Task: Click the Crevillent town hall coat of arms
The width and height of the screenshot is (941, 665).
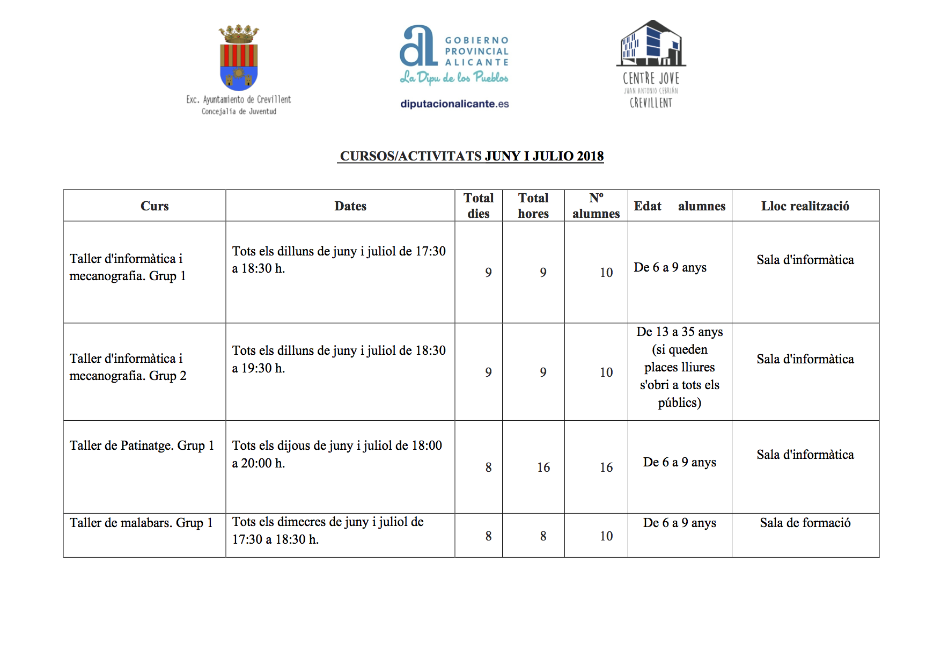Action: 239,58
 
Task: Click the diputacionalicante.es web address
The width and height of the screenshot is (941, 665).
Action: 454,104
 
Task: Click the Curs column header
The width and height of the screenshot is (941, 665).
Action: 155,206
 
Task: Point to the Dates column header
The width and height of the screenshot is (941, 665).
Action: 350,206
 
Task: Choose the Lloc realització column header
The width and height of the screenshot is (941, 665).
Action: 805,206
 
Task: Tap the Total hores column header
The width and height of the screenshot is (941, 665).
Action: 533,206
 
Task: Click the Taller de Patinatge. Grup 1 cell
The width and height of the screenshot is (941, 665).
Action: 142,445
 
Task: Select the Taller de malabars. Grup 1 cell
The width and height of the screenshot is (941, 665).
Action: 141,523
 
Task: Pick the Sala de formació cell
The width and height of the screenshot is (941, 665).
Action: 805,523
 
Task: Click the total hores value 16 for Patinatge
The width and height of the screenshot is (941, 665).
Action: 543,467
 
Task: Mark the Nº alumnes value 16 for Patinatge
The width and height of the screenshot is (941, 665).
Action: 606,467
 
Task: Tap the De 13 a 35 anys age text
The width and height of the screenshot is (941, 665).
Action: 679,332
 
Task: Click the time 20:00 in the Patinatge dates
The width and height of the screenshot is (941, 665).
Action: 256,463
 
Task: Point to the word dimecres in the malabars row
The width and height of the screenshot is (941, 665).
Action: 302,522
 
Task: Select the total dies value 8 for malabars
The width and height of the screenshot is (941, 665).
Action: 488,536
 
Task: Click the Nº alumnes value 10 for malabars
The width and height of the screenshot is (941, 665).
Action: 606,536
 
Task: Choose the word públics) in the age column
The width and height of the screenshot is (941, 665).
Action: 679,403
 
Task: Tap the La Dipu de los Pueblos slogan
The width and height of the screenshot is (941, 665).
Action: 454,78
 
